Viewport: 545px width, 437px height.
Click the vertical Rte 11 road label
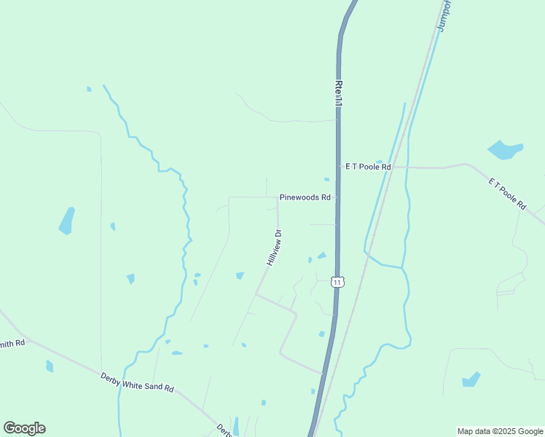(x=338, y=95)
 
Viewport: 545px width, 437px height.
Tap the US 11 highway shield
(x=337, y=282)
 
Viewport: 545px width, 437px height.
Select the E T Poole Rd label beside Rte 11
(x=369, y=167)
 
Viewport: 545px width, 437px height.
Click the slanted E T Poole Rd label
(x=507, y=194)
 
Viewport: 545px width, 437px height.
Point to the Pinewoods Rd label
(x=305, y=197)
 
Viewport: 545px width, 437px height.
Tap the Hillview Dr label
(x=273, y=248)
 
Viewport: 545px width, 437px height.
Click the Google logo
(x=24, y=428)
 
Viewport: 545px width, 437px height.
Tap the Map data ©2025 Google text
(x=500, y=431)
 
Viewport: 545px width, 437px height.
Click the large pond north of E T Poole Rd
(x=504, y=150)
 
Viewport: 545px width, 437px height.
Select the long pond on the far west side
(x=66, y=221)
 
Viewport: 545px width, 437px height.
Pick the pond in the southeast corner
(x=471, y=379)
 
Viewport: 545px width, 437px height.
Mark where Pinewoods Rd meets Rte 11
(x=337, y=197)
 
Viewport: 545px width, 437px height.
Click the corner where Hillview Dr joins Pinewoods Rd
(x=277, y=197)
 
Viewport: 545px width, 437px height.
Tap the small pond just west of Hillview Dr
(x=240, y=275)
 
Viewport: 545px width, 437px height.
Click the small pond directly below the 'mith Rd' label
(x=50, y=366)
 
